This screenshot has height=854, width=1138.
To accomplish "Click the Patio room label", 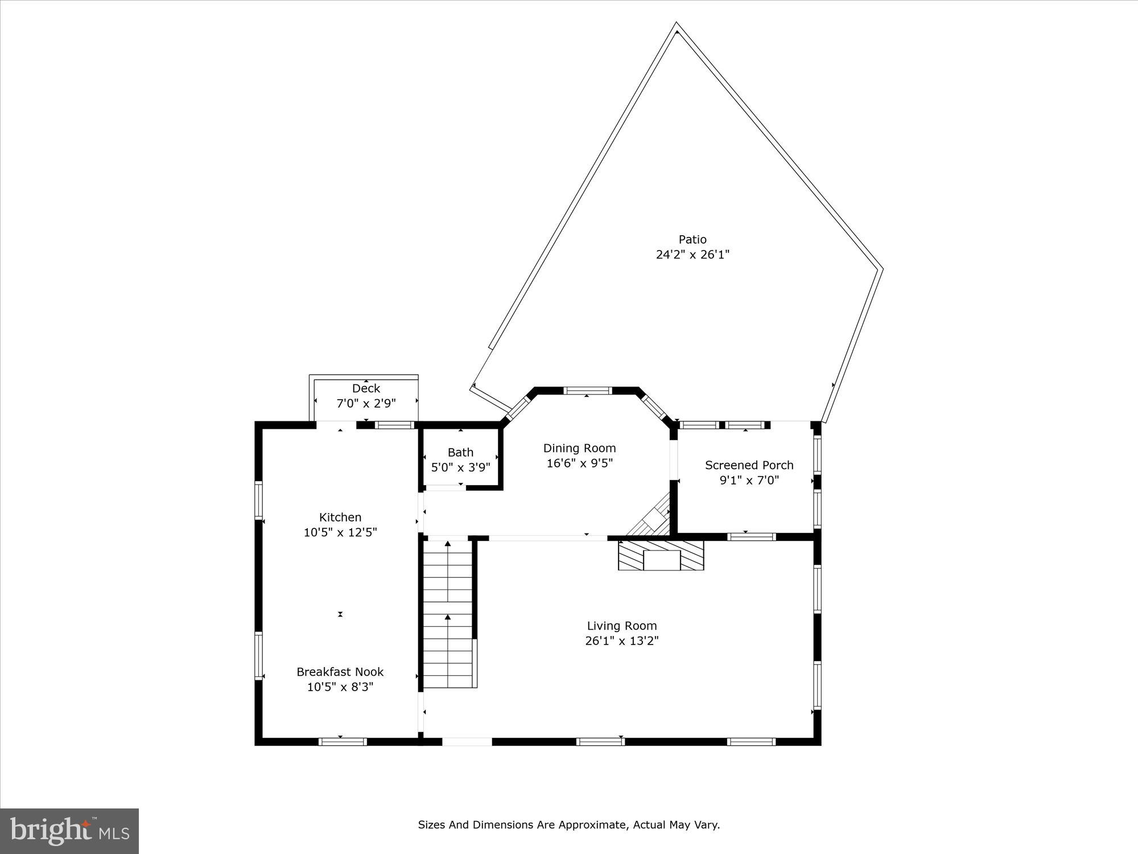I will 692,240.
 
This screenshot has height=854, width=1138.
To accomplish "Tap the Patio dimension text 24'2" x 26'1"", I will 692,254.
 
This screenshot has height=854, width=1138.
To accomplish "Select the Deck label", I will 366,388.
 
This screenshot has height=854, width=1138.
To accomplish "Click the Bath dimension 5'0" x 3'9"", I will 460,467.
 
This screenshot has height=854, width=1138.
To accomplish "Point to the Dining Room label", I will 579,448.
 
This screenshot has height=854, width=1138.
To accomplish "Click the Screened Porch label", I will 749,465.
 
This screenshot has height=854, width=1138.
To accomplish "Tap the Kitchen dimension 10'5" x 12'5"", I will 340,532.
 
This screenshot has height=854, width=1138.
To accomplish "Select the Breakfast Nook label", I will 340,672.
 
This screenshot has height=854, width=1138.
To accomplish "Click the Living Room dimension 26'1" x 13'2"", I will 622,640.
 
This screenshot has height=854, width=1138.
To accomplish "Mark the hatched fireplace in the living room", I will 661,555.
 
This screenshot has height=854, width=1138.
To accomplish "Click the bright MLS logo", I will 69,831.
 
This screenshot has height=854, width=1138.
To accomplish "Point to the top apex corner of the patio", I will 676,25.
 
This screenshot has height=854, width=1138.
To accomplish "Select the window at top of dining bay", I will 587,391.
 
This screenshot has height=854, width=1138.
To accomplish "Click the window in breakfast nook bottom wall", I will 342,741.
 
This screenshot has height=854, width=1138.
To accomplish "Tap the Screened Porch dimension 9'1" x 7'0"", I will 749,480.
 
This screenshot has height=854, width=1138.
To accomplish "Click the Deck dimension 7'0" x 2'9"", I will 366,404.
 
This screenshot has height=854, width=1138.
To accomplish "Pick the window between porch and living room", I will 751,536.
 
